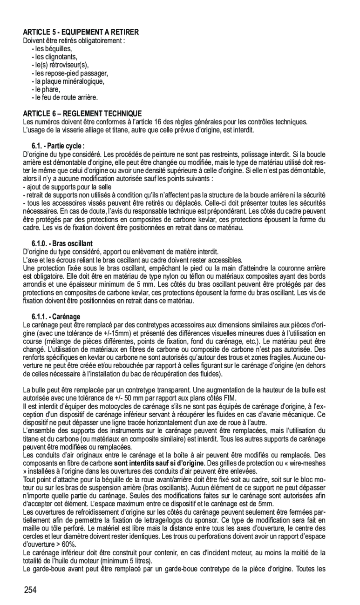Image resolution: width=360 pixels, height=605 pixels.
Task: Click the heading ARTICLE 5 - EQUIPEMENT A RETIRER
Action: pos(81,32)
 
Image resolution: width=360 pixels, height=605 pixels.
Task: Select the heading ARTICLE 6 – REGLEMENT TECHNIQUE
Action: pos(82,114)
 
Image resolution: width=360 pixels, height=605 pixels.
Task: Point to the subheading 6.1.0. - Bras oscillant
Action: pos(62,243)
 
